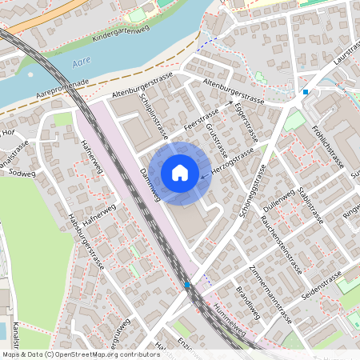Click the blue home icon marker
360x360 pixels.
pyautogui.click(x=180, y=172)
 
